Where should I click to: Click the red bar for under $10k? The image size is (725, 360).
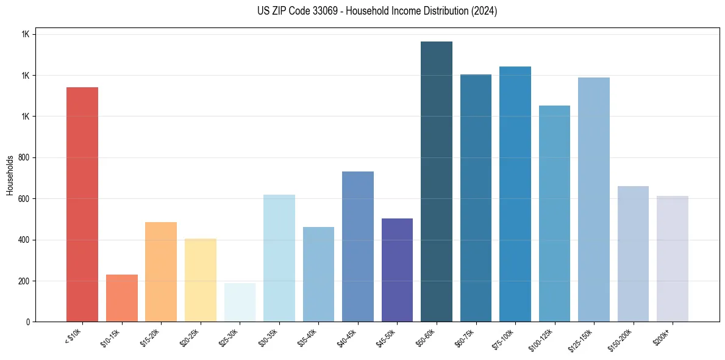coord(82,204)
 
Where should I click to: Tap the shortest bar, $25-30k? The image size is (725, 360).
coord(240,302)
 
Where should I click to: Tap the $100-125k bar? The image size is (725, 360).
coord(554,214)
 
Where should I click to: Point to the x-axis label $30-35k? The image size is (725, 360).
coord(270,337)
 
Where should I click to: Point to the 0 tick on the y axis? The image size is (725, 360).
coord(29,322)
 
